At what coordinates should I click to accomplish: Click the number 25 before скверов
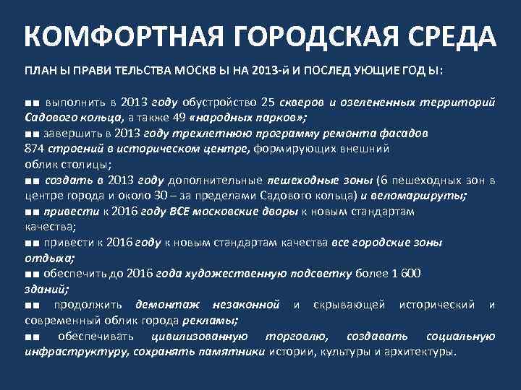click(x=268, y=103)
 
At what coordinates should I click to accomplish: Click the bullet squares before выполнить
click(x=31, y=103)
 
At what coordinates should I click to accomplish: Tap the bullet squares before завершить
click(x=31, y=134)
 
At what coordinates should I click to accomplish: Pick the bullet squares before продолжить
click(x=31, y=305)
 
